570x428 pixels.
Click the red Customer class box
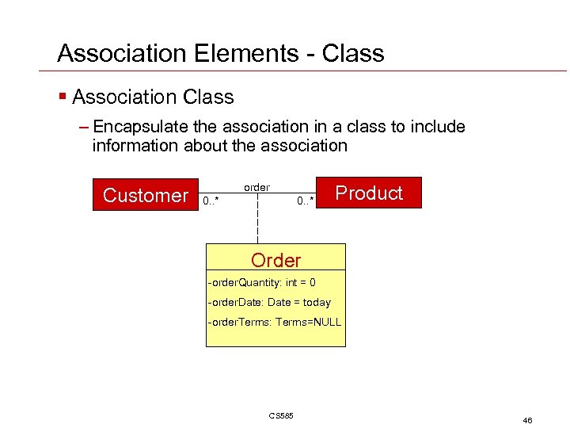(x=146, y=195)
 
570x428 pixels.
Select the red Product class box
(x=369, y=193)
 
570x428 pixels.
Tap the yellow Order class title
(x=275, y=260)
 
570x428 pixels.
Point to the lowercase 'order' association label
(x=256, y=188)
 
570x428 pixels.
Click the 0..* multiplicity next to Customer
(x=211, y=201)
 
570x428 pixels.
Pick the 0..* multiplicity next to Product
(x=306, y=201)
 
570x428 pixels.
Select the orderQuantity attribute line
(x=261, y=283)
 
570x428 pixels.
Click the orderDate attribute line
(x=268, y=302)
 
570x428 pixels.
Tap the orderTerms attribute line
(x=274, y=322)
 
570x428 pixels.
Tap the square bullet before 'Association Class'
(x=62, y=97)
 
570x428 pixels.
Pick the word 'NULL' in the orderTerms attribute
(x=325, y=322)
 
